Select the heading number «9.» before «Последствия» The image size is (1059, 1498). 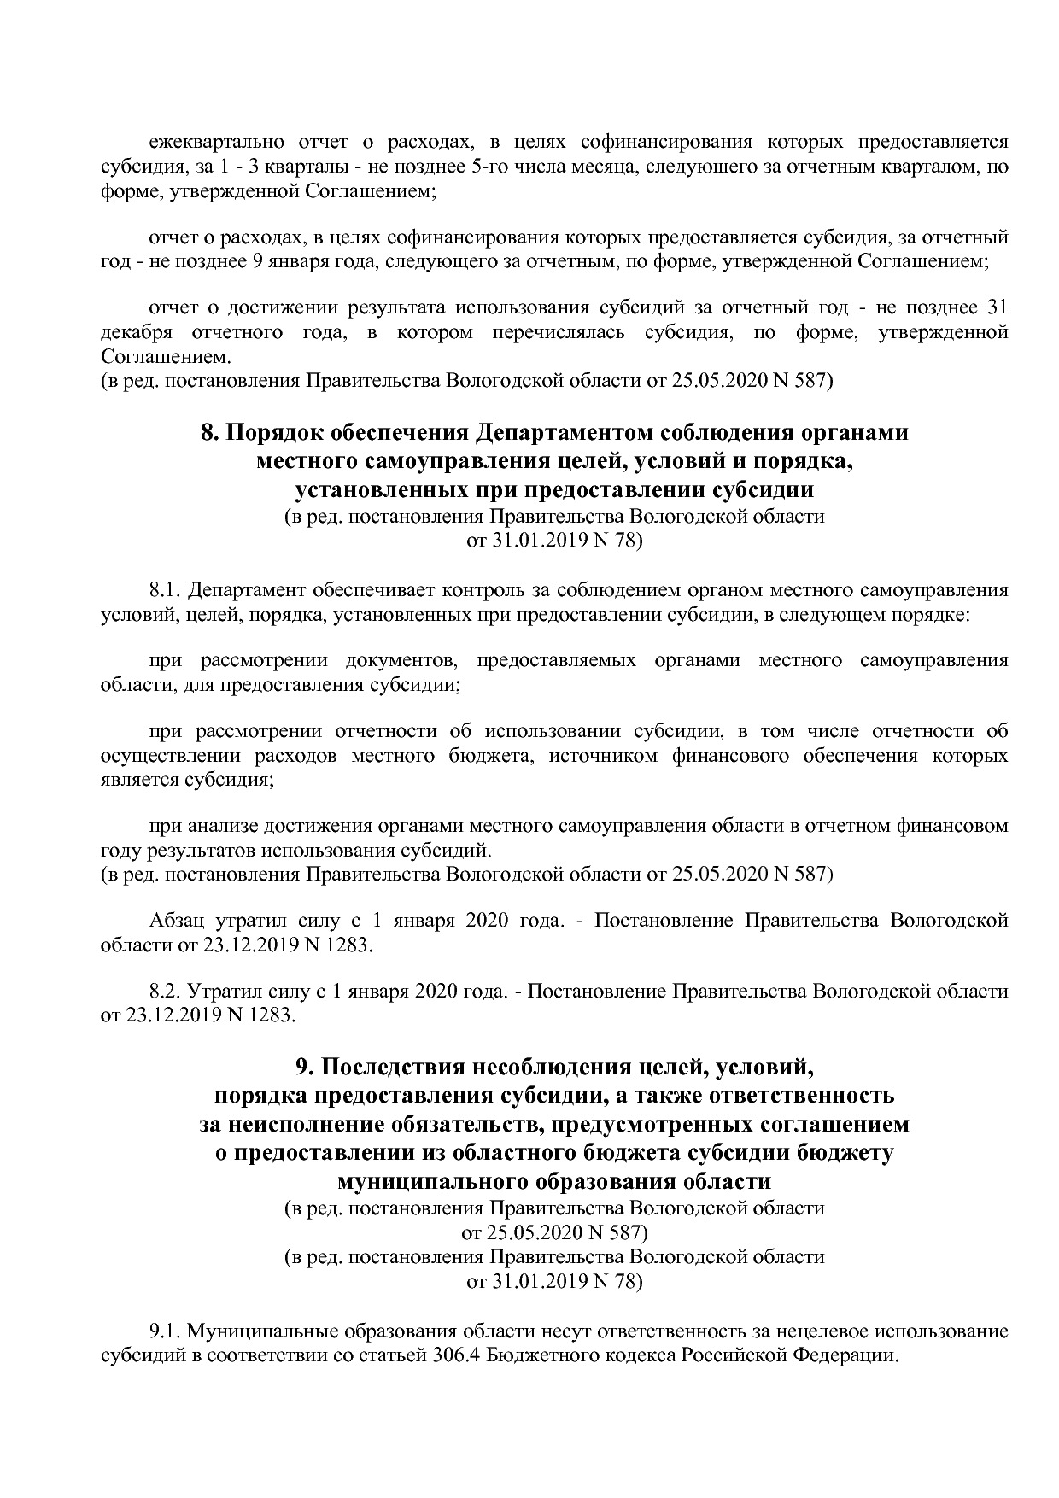tap(304, 1067)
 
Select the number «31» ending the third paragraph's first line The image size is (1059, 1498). tap(997, 307)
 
